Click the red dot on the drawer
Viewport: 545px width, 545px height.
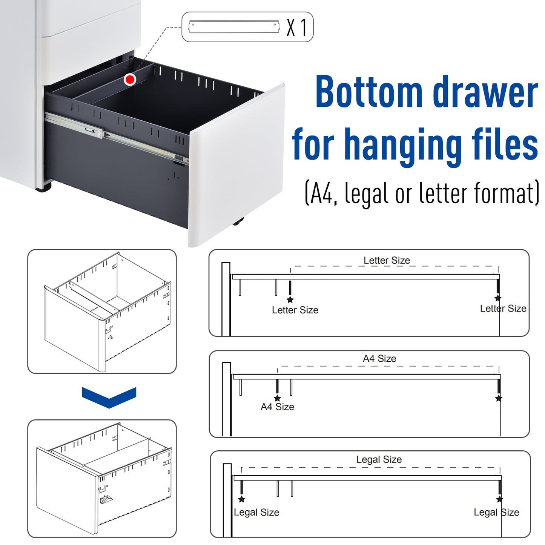tap(130, 80)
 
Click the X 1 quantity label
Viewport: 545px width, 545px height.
tap(297, 27)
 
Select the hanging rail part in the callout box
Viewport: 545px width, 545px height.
tap(234, 27)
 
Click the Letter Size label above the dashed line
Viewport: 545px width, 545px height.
tap(387, 260)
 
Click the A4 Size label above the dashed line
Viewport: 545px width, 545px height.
tap(379, 358)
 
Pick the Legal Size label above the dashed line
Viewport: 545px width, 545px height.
tap(379, 459)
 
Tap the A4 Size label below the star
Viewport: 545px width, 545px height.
tap(278, 407)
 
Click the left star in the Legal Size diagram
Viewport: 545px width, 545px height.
tap(242, 499)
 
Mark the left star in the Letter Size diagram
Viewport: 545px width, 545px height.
tap(290, 299)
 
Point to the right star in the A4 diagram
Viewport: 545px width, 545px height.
tap(499, 398)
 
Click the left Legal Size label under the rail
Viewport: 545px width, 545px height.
tap(256, 512)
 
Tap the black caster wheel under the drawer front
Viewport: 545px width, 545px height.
tap(238, 222)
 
